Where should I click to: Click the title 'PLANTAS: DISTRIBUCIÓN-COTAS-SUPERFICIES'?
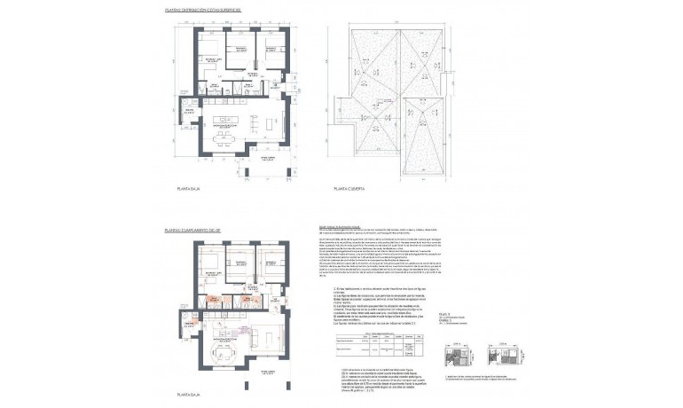coord(201,12)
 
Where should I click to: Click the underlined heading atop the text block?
coord(344,227)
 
